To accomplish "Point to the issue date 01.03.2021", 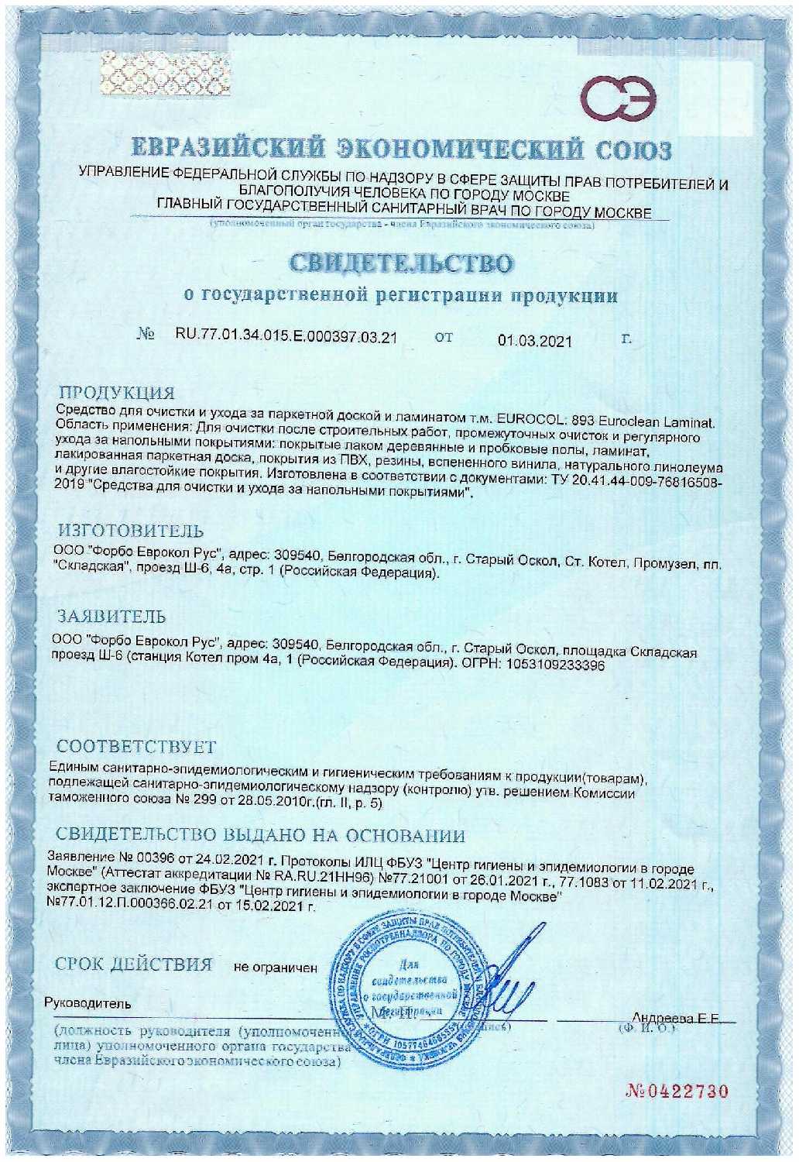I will click(534, 340).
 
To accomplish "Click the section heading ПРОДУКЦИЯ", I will click(118, 391).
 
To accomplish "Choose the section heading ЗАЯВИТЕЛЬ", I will click(112, 617).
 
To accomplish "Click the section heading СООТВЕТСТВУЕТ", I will click(137, 748).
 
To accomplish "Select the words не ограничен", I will click(276, 968).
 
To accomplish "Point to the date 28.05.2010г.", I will click(277, 804).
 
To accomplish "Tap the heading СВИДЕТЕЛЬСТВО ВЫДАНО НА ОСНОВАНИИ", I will click(261, 836).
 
